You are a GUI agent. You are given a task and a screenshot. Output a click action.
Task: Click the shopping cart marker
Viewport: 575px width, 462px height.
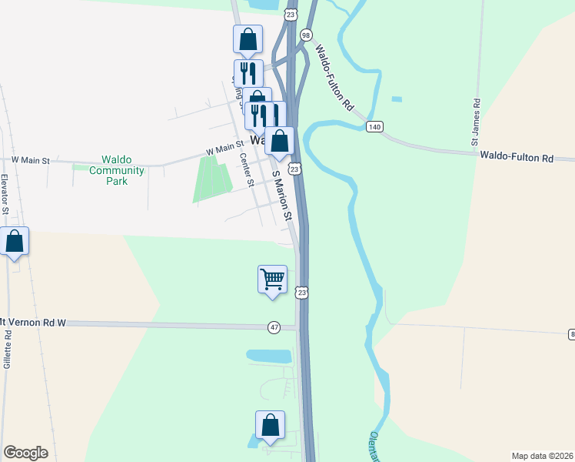pos(272,279)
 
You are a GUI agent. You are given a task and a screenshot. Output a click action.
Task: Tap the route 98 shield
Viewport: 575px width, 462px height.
pos(306,35)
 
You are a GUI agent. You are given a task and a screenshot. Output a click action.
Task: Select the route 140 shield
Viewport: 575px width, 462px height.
pos(374,127)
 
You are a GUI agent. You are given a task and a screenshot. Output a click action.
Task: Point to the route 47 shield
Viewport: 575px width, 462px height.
pos(274,327)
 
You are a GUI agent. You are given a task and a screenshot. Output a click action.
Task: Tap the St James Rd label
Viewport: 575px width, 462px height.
pos(477,122)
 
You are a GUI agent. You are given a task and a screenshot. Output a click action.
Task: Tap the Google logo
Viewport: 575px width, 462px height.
pos(25,453)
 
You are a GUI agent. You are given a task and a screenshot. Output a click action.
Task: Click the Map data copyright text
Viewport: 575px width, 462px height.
pos(542,455)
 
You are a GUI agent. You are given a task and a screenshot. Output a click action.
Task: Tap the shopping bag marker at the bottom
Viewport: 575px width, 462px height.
pos(270,424)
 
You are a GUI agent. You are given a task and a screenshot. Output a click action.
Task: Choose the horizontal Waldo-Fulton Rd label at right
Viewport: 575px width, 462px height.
pos(517,157)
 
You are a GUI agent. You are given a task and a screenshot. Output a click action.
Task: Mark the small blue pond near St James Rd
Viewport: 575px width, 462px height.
pos(396,99)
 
